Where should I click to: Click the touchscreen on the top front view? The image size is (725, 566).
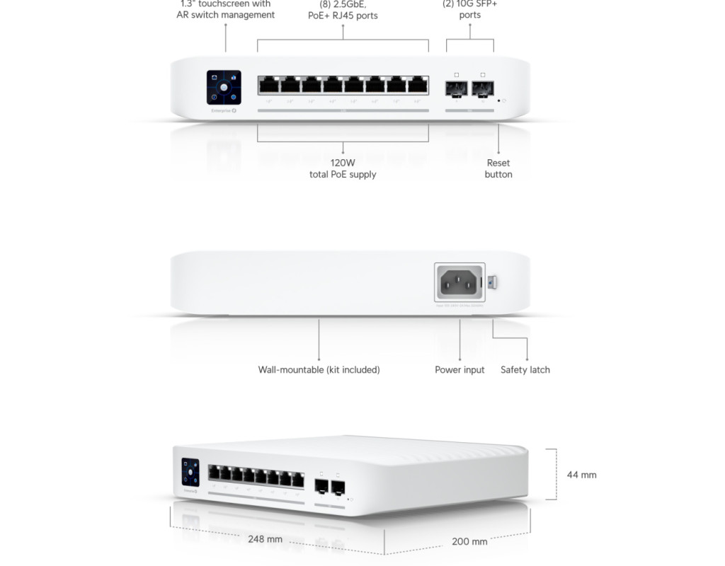click(224, 88)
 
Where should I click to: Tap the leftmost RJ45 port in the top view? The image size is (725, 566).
click(268, 86)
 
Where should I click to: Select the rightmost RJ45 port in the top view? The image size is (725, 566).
click(418, 86)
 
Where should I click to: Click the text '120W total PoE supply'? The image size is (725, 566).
click(343, 168)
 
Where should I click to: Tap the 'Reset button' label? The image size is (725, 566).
click(498, 168)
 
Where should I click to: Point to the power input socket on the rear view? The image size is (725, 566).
click(459, 283)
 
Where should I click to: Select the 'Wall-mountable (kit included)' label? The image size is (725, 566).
click(319, 369)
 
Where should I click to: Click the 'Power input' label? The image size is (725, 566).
click(459, 369)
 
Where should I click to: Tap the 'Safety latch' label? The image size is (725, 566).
click(525, 369)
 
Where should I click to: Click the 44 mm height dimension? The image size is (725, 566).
click(581, 475)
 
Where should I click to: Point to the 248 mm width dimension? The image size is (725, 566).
click(265, 539)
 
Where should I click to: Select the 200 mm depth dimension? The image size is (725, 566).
click(469, 541)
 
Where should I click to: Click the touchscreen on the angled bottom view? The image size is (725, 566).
click(190, 472)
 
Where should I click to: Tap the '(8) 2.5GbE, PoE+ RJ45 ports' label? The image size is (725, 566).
click(343, 10)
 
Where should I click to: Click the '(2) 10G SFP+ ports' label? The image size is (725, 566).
click(469, 9)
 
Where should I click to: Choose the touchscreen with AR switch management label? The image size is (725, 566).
click(225, 9)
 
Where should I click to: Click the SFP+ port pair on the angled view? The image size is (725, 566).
click(329, 487)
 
